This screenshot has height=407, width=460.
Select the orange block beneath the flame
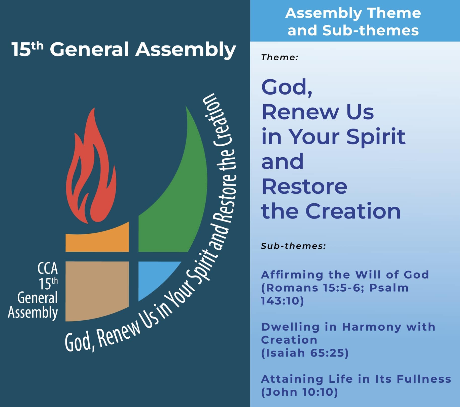click(x=97, y=239)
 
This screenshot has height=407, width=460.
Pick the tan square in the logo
click(x=97, y=291)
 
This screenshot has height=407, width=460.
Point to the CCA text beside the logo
click(x=48, y=268)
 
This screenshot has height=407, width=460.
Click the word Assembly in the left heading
click(x=186, y=50)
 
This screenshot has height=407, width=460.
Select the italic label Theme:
click(x=280, y=58)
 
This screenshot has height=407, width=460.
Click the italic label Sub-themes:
click(x=293, y=246)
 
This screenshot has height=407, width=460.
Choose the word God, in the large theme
click(x=287, y=87)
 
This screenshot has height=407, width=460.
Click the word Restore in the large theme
click(x=304, y=186)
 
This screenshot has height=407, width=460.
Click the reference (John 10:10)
click(x=299, y=392)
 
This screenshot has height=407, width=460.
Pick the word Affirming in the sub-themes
click(x=292, y=275)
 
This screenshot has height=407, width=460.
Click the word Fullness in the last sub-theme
click(x=424, y=379)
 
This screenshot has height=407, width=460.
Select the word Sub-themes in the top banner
click(x=371, y=30)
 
